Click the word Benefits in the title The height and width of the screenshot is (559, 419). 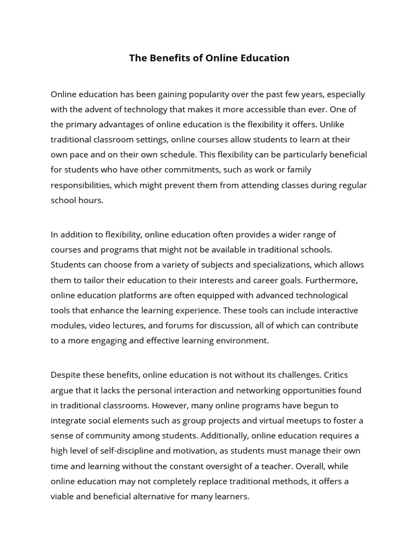[169, 58]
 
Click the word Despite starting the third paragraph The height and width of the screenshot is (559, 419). [65, 375]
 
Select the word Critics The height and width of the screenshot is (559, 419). [336, 375]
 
